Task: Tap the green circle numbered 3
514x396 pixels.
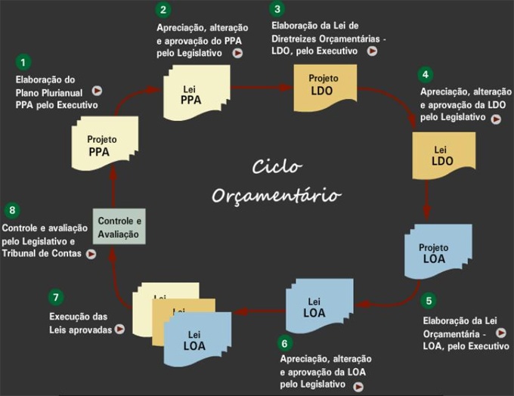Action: [x=278, y=10]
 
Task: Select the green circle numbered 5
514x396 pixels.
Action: [x=429, y=301]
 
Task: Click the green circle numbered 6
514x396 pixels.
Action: [x=284, y=342]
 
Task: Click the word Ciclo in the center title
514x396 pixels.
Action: [x=277, y=166]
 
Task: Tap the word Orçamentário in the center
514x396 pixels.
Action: [x=277, y=195]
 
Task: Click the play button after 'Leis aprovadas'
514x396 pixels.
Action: [x=119, y=329]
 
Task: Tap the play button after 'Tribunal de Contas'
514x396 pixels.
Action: [x=91, y=254]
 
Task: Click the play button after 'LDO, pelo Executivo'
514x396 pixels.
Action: [x=372, y=51]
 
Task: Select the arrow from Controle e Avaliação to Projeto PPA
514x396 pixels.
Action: [x=112, y=184]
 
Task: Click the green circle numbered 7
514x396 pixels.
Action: [x=54, y=297]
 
